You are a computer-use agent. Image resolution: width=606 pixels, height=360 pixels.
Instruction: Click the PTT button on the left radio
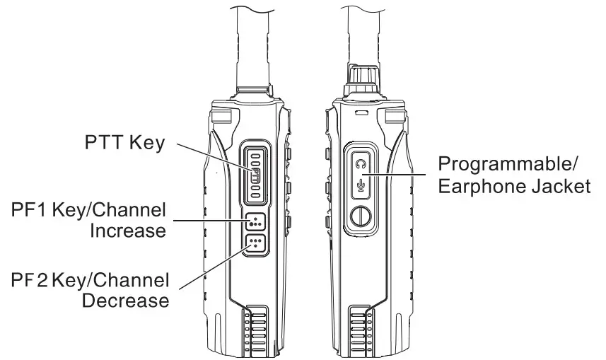(x=255, y=173)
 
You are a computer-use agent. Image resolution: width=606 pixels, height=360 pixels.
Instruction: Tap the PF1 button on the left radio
(x=255, y=222)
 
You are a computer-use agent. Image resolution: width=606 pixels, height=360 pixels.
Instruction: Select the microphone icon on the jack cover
(x=361, y=187)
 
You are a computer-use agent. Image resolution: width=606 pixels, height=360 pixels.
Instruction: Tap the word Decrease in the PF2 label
(x=126, y=300)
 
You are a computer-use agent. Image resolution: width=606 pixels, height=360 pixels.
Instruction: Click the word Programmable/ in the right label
(x=508, y=165)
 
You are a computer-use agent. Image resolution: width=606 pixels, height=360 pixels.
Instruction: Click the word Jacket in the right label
(x=562, y=187)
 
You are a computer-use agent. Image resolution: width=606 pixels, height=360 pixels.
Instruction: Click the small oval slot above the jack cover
(x=361, y=112)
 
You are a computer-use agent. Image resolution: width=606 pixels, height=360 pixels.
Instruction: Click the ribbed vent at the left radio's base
(x=253, y=330)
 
